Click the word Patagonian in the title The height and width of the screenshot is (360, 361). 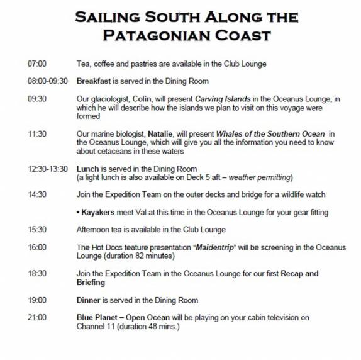149,34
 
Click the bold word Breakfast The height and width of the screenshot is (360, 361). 94,81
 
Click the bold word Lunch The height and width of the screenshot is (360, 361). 86,169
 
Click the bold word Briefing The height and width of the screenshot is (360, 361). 91,283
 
